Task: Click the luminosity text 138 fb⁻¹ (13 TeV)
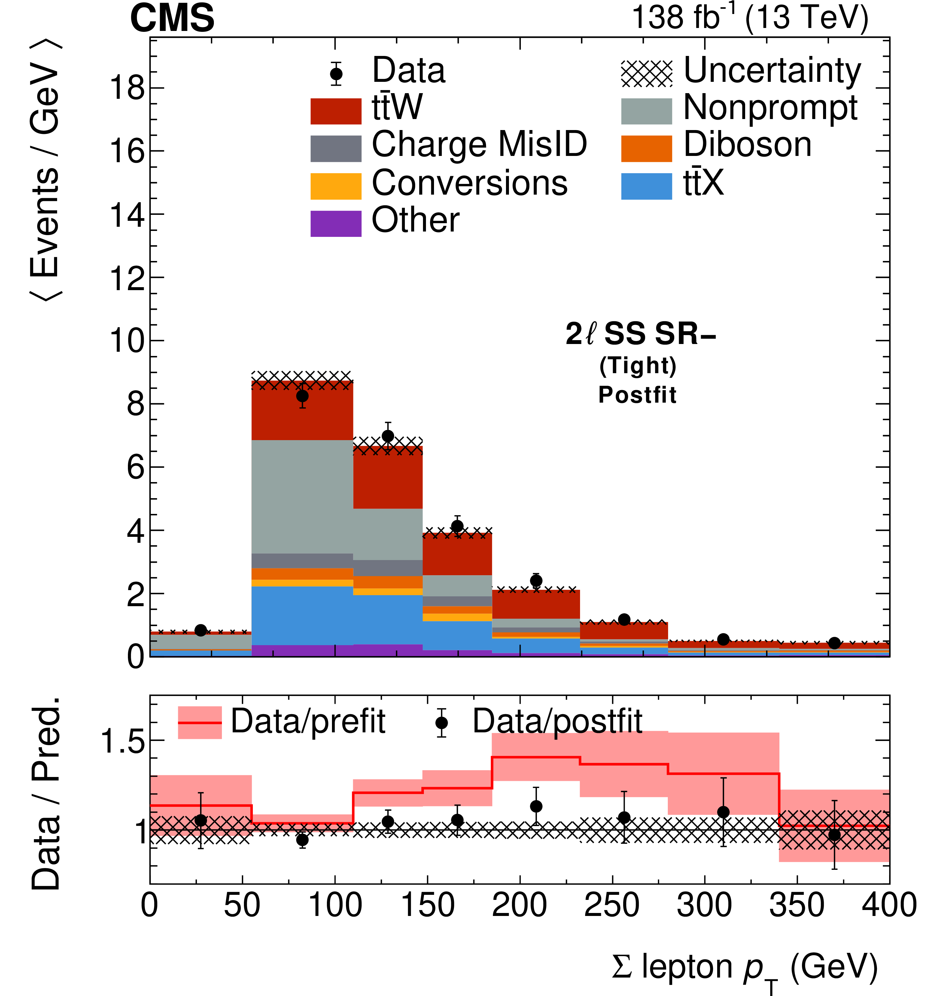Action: [x=750, y=18]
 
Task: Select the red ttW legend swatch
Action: [x=336, y=111]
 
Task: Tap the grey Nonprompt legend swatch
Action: [x=646, y=111]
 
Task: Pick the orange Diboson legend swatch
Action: [x=646, y=149]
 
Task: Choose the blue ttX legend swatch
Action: [x=646, y=186]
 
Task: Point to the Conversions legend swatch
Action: [x=336, y=186]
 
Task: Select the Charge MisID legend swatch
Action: [x=336, y=149]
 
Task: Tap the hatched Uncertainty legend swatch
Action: [x=646, y=74]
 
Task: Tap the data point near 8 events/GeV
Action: [x=302, y=396]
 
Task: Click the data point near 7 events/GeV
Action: [x=388, y=436]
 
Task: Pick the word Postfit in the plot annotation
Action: [x=637, y=395]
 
